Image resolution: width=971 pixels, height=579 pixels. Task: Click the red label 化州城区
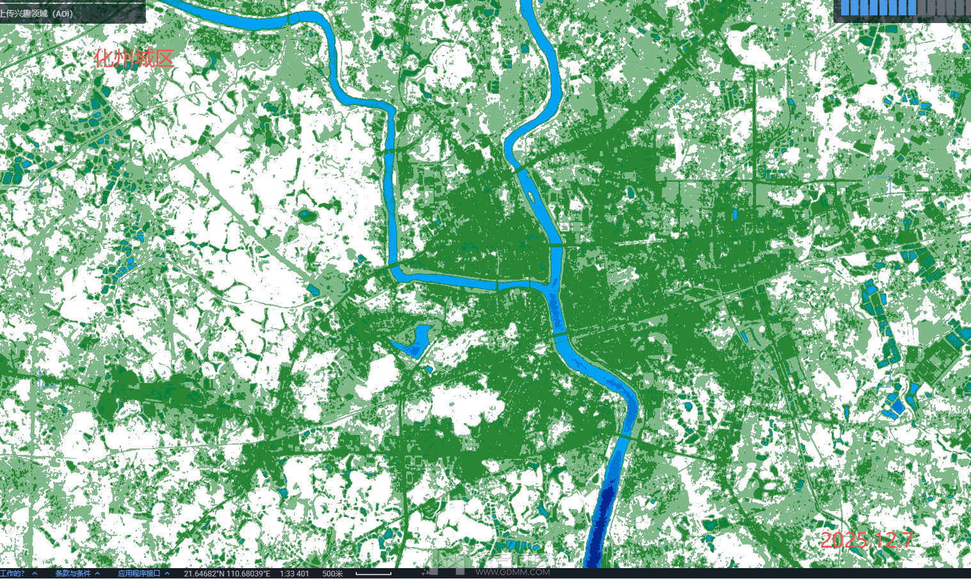coord(134,59)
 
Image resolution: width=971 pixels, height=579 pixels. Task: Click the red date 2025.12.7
coord(866,540)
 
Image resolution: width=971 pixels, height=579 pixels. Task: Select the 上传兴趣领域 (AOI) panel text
coord(37,13)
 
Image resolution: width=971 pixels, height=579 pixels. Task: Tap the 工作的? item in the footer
coord(13,573)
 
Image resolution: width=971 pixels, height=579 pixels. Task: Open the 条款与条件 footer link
coord(73,573)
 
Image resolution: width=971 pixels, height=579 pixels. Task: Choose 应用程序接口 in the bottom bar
coord(139,573)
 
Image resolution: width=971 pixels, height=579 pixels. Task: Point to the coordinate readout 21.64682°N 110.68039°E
coord(227,573)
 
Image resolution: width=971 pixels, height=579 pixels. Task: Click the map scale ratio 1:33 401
coord(294,573)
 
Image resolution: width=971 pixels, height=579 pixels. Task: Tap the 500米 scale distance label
coord(333,573)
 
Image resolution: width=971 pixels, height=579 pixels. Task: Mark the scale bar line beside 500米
coord(373,574)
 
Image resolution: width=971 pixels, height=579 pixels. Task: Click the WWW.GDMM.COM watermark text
coord(512,572)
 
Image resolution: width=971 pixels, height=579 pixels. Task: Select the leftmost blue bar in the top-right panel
coord(846,7)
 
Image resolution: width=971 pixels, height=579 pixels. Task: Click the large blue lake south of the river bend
coord(414,341)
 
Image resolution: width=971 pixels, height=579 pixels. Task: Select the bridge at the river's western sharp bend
coord(392,264)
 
